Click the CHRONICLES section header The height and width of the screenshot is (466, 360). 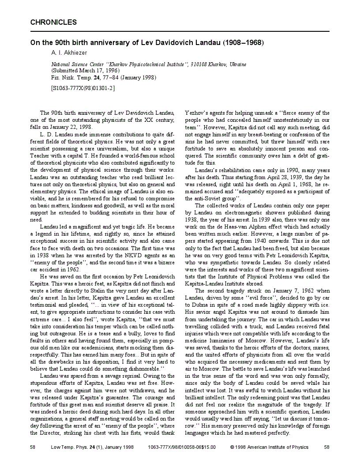coord(53,22)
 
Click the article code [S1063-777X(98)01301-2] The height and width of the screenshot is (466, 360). coord(83,88)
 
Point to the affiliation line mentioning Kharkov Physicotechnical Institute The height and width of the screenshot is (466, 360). coord(149,64)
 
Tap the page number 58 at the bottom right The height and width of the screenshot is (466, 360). coord(327,447)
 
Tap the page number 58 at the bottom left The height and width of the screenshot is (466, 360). coord(33,447)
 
